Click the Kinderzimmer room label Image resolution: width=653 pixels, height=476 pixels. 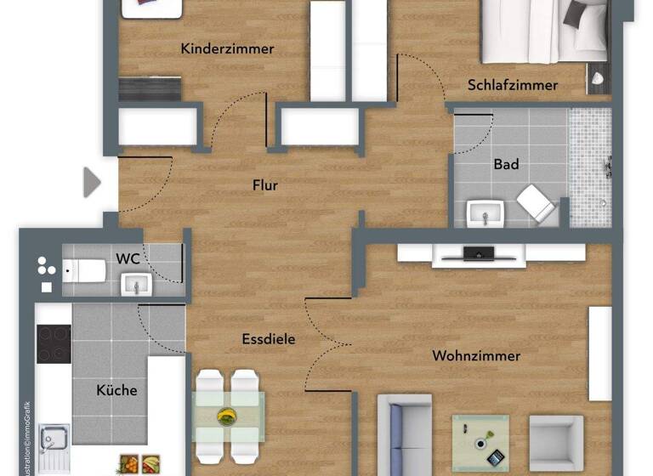pos(227,48)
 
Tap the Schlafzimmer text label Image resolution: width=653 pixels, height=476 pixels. pos(512,85)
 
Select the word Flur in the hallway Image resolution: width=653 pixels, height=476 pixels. pos(264,185)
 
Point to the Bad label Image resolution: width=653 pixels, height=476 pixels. pos(506,164)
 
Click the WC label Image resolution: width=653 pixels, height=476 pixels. pos(128,256)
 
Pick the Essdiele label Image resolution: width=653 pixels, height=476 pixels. pos(268,338)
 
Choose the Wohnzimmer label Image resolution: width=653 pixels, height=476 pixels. pos(476,355)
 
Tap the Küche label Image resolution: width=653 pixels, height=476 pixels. pos(116,390)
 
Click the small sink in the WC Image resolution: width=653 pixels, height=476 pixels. pos(134,284)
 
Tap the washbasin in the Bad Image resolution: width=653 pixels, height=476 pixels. pos(485,213)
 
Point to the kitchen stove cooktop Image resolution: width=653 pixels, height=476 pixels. pos(54,343)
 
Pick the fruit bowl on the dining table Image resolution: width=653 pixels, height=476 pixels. pos(227,416)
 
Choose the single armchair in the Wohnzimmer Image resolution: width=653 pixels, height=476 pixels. pos(555,442)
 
